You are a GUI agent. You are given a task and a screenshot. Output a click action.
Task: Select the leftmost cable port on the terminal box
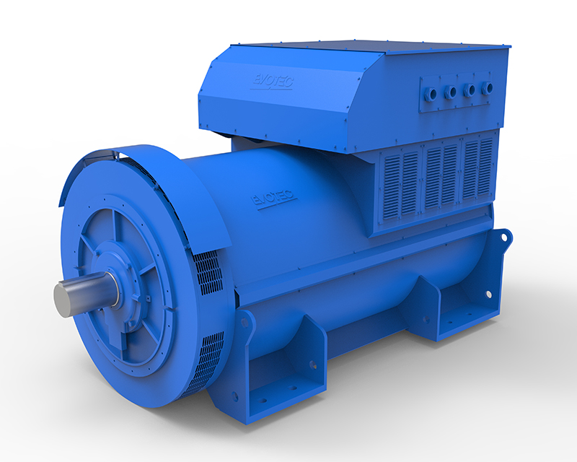tap(432, 94)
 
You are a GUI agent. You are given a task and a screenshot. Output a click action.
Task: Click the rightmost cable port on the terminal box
tap(488, 88)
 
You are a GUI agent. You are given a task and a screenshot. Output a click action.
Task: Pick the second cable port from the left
tap(451, 92)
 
